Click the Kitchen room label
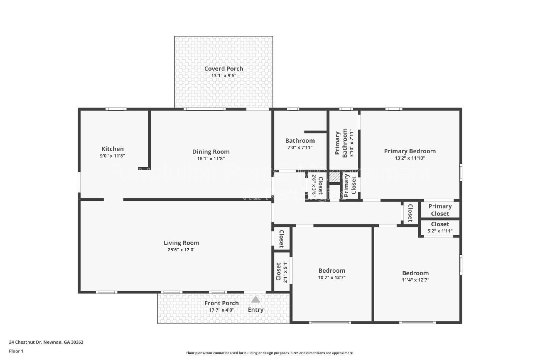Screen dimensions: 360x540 coord(112,149)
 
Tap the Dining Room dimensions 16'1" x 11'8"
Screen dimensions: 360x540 coord(211,159)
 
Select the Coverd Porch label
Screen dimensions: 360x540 coord(223,68)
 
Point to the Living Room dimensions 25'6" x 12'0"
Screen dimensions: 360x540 coord(182,250)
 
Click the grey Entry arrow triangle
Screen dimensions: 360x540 coord(255,299)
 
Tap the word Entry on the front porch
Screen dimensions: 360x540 coord(255,310)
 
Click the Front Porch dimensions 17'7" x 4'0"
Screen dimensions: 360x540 coord(221,310)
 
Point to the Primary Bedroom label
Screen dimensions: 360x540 coord(410,151)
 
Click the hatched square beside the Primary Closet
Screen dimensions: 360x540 coord(334,177)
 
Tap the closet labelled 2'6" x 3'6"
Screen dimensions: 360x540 coord(317,186)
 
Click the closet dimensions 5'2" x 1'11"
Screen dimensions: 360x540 coord(440,231)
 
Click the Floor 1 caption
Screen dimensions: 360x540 coord(16,351)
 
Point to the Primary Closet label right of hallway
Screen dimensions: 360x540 coord(440,210)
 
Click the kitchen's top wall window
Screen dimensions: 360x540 coord(116,109)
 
